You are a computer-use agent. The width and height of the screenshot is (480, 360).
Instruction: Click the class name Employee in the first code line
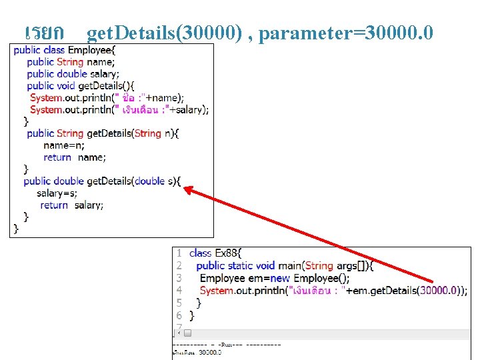[91, 50]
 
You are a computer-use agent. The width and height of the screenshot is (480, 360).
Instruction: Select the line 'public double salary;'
[73, 74]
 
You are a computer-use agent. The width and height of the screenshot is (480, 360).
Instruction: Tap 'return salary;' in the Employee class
[72, 205]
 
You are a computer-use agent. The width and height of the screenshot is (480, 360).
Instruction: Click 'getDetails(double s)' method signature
[133, 181]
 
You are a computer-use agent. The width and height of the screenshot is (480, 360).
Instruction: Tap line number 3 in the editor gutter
[179, 278]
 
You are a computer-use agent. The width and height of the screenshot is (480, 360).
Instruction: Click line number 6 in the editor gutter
[179, 315]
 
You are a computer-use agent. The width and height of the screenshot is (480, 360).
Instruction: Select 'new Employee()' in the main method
[313, 278]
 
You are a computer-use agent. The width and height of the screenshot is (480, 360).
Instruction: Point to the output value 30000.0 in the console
[209, 352]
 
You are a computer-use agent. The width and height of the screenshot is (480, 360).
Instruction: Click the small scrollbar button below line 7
[188, 333]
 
